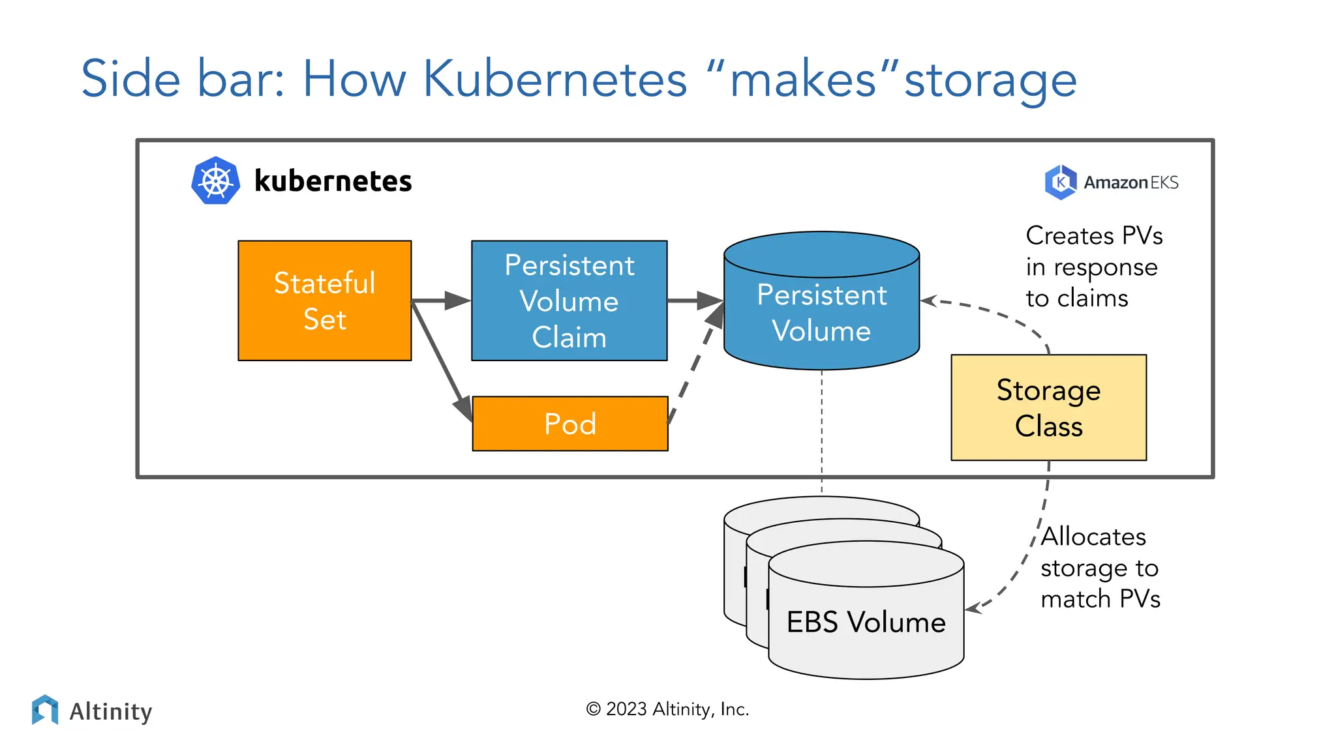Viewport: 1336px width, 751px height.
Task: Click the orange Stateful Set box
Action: (x=324, y=301)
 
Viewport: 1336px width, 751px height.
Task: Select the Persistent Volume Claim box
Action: (x=569, y=301)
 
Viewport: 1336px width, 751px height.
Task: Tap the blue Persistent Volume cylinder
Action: (x=821, y=313)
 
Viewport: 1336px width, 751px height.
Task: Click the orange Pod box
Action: (x=569, y=424)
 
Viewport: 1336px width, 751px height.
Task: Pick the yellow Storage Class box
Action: (x=1048, y=407)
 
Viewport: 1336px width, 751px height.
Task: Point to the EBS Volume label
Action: (x=866, y=622)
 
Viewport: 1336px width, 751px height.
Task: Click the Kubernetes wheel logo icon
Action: (x=216, y=181)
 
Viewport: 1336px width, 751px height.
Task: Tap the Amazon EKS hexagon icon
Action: (x=1060, y=182)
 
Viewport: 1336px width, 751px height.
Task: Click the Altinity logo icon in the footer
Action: (x=45, y=710)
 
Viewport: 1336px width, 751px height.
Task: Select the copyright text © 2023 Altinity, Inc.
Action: (x=667, y=709)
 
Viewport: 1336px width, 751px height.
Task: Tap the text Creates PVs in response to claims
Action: (x=1093, y=267)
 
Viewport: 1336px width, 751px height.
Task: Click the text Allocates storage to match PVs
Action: (x=1100, y=568)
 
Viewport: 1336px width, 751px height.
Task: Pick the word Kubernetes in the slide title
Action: (x=555, y=79)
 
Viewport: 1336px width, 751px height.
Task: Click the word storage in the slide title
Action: (x=990, y=80)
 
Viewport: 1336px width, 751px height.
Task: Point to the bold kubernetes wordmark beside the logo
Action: (x=333, y=181)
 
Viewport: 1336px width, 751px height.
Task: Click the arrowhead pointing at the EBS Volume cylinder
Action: (x=973, y=608)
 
